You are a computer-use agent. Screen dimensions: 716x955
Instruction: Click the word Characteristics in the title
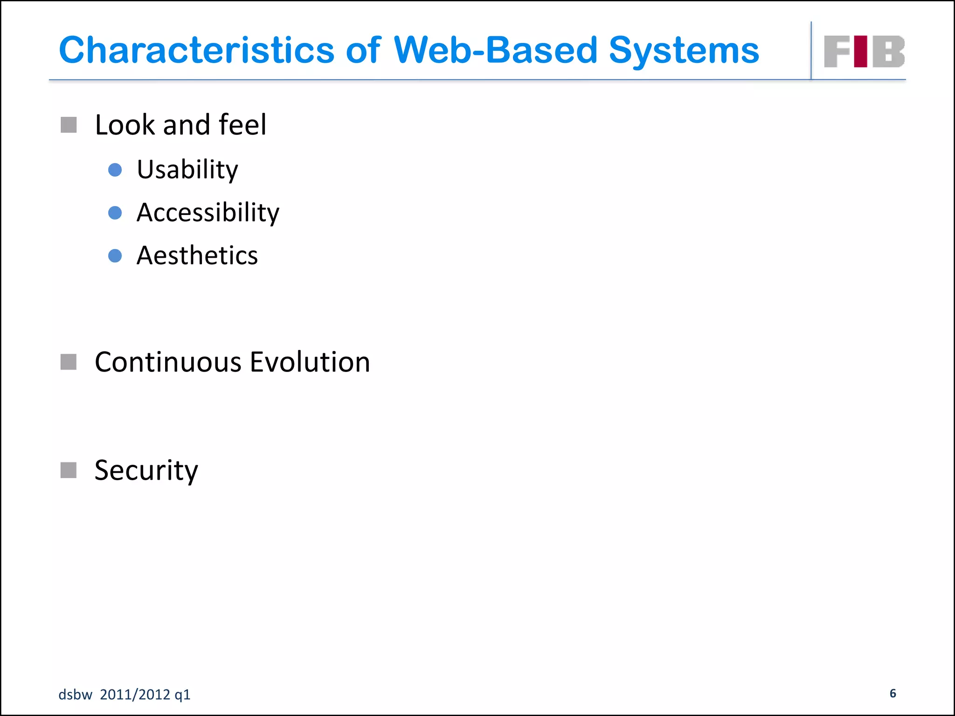click(196, 50)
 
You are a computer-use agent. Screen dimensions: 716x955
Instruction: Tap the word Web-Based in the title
click(495, 50)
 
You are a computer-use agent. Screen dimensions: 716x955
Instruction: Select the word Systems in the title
click(684, 50)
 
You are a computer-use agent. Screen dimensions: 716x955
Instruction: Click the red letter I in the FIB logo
click(861, 51)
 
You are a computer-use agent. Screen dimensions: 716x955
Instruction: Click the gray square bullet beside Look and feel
click(69, 125)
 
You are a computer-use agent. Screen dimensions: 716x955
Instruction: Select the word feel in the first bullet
click(242, 125)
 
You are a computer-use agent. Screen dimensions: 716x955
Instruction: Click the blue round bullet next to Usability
click(115, 170)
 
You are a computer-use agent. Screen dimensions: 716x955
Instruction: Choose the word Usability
click(187, 170)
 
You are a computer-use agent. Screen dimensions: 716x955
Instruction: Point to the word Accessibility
click(208, 213)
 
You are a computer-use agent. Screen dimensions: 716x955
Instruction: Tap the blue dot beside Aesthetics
click(115, 256)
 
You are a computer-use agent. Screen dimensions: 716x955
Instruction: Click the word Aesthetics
click(197, 256)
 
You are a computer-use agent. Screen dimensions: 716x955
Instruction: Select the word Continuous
click(168, 362)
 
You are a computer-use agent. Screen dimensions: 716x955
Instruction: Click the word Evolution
click(310, 362)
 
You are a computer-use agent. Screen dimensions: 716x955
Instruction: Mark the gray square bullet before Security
click(69, 470)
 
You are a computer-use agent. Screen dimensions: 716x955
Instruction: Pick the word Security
click(146, 470)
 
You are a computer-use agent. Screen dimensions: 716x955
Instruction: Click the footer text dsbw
click(75, 695)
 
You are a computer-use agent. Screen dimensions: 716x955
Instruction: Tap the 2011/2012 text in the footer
click(135, 695)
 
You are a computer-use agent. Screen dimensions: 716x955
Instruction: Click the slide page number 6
click(893, 694)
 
